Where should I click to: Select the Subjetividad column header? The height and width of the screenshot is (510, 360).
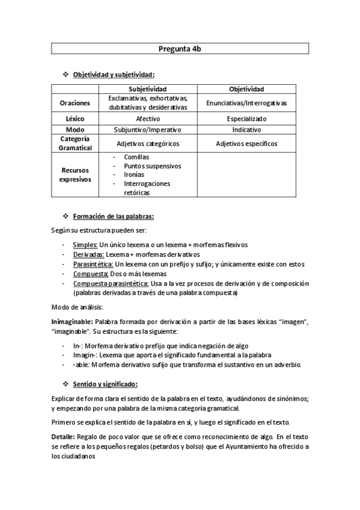[x=147, y=89]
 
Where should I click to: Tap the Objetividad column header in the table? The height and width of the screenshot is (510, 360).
[x=246, y=89]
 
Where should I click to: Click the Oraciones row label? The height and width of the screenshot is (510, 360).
[x=75, y=103]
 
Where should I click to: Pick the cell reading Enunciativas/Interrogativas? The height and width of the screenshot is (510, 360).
[x=246, y=103]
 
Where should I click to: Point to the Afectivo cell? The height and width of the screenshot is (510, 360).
[x=147, y=119]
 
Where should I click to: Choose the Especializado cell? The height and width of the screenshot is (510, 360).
[x=246, y=119]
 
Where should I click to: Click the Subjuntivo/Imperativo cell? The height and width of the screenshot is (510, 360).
[x=147, y=129]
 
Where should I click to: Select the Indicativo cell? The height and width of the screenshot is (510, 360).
[x=246, y=129]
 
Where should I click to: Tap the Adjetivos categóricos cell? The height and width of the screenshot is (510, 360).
[x=147, y=144]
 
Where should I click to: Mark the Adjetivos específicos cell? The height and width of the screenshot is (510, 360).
[x=246, y=144]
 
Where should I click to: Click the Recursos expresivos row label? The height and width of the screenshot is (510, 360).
[x=75, y=175]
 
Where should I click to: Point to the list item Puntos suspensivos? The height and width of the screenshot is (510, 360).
[x=152, y=166]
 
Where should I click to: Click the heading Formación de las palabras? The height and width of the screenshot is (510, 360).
[x=113, y=216]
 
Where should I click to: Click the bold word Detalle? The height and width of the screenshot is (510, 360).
[x=64, y=436]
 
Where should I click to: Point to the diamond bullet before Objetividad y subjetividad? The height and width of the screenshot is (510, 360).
[x=66, y=75]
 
